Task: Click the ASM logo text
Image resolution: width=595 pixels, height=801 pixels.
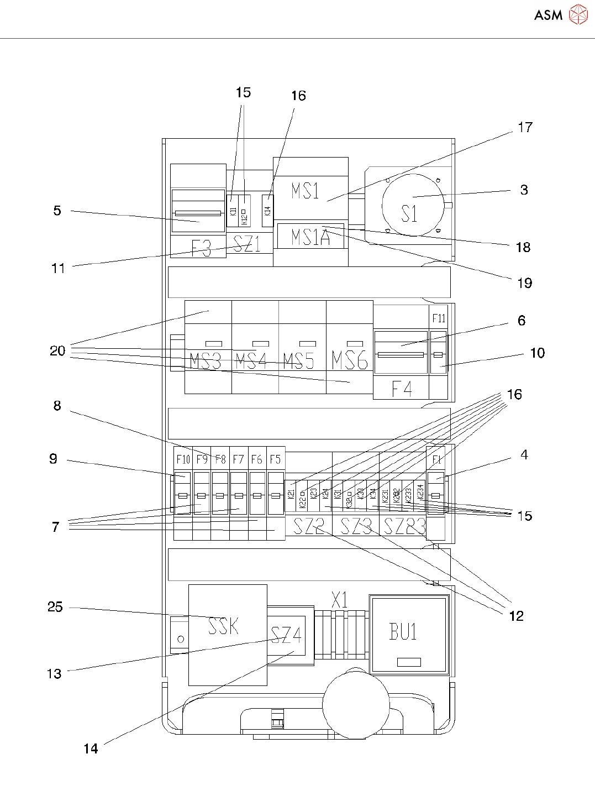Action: (548, 15)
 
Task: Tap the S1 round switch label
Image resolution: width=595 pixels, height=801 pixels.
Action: (409, 213)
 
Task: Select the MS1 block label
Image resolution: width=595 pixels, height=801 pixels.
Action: (305, 191)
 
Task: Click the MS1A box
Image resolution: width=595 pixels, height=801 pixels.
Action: (310, 237)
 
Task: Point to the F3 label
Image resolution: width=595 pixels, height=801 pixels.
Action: (201, 249)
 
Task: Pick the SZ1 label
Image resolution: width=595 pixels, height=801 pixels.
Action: (247, 244)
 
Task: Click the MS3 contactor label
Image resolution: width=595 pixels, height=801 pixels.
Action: (205, 361)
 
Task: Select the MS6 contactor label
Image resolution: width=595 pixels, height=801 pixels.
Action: (350, 360)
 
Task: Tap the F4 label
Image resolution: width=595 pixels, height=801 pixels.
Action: (402, 389)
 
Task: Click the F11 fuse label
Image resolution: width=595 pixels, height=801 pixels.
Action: (439, 318)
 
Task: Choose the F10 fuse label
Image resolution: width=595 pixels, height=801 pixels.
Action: (183, 459)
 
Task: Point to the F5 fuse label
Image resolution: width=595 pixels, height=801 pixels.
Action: (275, 459)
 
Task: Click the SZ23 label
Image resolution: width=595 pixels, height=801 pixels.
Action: (404, 526)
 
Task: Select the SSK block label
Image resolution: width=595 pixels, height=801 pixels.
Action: (224, 626)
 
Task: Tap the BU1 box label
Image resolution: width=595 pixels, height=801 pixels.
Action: (403, 631)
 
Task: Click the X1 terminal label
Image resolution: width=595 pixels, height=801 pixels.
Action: (340, 600)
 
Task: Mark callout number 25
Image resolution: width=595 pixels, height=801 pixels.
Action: (55, 607)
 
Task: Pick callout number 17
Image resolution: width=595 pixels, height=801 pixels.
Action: (525, 127)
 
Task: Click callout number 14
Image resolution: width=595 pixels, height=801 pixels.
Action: (91, 748)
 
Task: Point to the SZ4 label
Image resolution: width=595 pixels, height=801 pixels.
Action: (286, 636)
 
